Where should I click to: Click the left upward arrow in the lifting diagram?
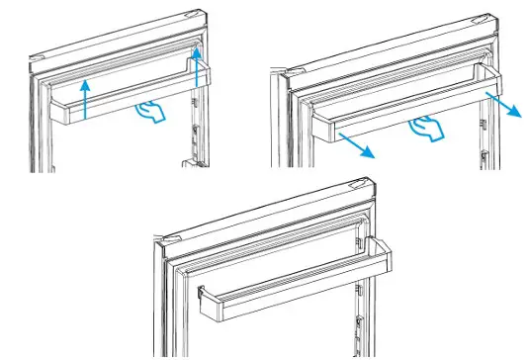click(87, 99)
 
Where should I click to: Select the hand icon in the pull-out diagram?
click(425, 126)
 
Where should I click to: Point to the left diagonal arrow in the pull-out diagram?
click(355, 144)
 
